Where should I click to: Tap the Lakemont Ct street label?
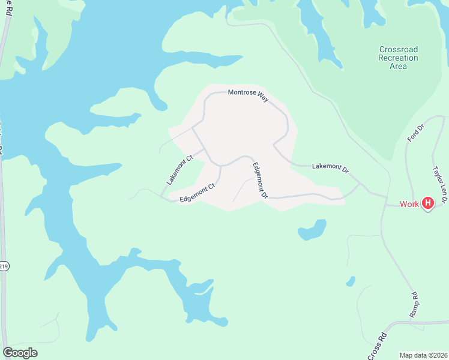coord(179,170)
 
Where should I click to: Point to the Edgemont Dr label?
coord(259,180)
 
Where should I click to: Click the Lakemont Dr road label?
coord(330,167)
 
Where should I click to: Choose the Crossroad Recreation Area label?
coord(398,58)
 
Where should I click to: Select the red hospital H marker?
coord(428,203)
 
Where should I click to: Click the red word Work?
coord(409,204)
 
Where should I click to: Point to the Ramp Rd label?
coord(414,304)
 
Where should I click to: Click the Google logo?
coord(20,353)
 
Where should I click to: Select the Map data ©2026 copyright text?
coord(423,355)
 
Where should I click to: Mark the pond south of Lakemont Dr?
coord(312,229)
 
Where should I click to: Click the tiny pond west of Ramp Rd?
coord(351,281)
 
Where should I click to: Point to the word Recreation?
coord(398,58)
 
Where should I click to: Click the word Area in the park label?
coord(398,66)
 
